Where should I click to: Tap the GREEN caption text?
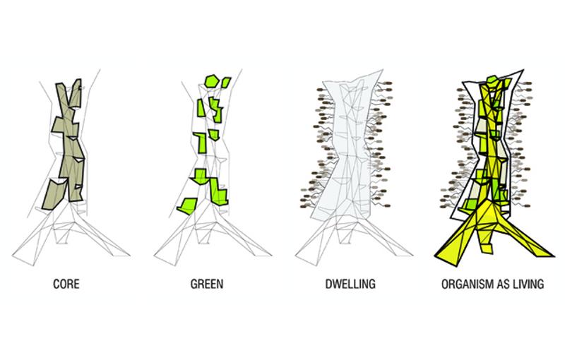207,286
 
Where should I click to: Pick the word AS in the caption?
501,286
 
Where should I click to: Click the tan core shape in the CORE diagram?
71,141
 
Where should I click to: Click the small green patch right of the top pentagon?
225,83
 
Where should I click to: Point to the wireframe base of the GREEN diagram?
212,233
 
